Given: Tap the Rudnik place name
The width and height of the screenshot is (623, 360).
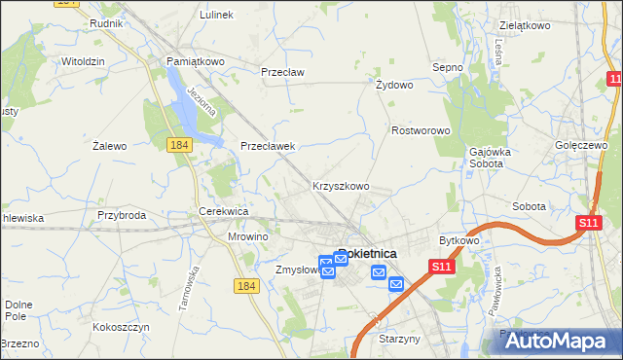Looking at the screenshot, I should [104, 22].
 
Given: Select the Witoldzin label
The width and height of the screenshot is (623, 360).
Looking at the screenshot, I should [83, 60].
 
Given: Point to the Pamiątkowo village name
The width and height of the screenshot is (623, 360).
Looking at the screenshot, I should [195, 60].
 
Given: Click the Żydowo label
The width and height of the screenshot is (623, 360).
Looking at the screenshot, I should [395, 85].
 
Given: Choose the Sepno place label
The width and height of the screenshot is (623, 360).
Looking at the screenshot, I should [447, 67].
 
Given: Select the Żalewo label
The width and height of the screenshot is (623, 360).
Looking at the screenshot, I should [110, 146].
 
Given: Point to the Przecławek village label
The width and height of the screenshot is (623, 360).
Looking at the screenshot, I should [268, 146].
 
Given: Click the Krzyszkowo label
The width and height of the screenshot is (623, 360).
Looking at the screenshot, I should [340, 185].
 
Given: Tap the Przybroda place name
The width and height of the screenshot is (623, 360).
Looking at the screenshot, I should [122, 215].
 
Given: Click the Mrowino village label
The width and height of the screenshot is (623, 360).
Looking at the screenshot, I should [247, 236].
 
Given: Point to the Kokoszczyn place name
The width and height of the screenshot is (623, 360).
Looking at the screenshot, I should [121, 328].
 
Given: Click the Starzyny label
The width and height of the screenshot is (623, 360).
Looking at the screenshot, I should [399, 340].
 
